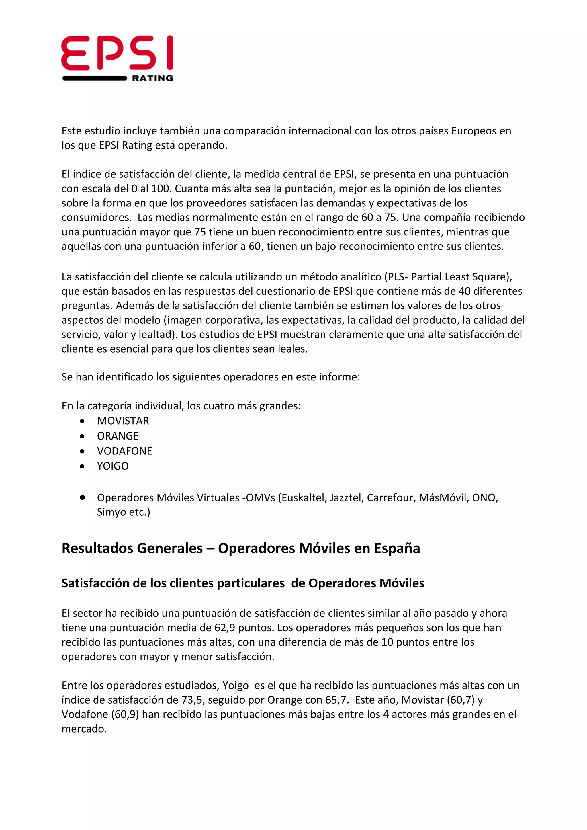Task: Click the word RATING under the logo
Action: (152, 78)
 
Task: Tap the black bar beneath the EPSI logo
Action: (94, 78)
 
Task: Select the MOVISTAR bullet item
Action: (123, 421)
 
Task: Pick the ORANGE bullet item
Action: (118, 436)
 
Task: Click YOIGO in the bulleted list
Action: (113, 466)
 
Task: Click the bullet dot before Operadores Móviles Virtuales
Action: (83, 497)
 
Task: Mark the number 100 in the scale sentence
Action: (161, 189)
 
